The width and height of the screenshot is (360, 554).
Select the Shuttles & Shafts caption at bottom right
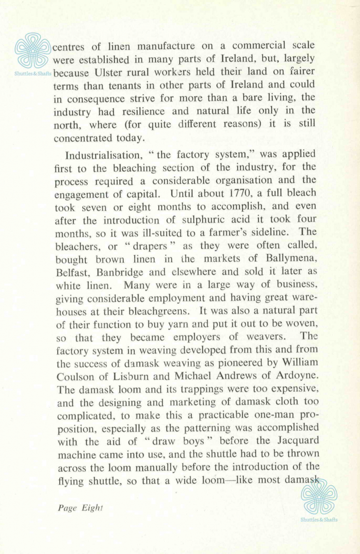coord(319,519)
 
